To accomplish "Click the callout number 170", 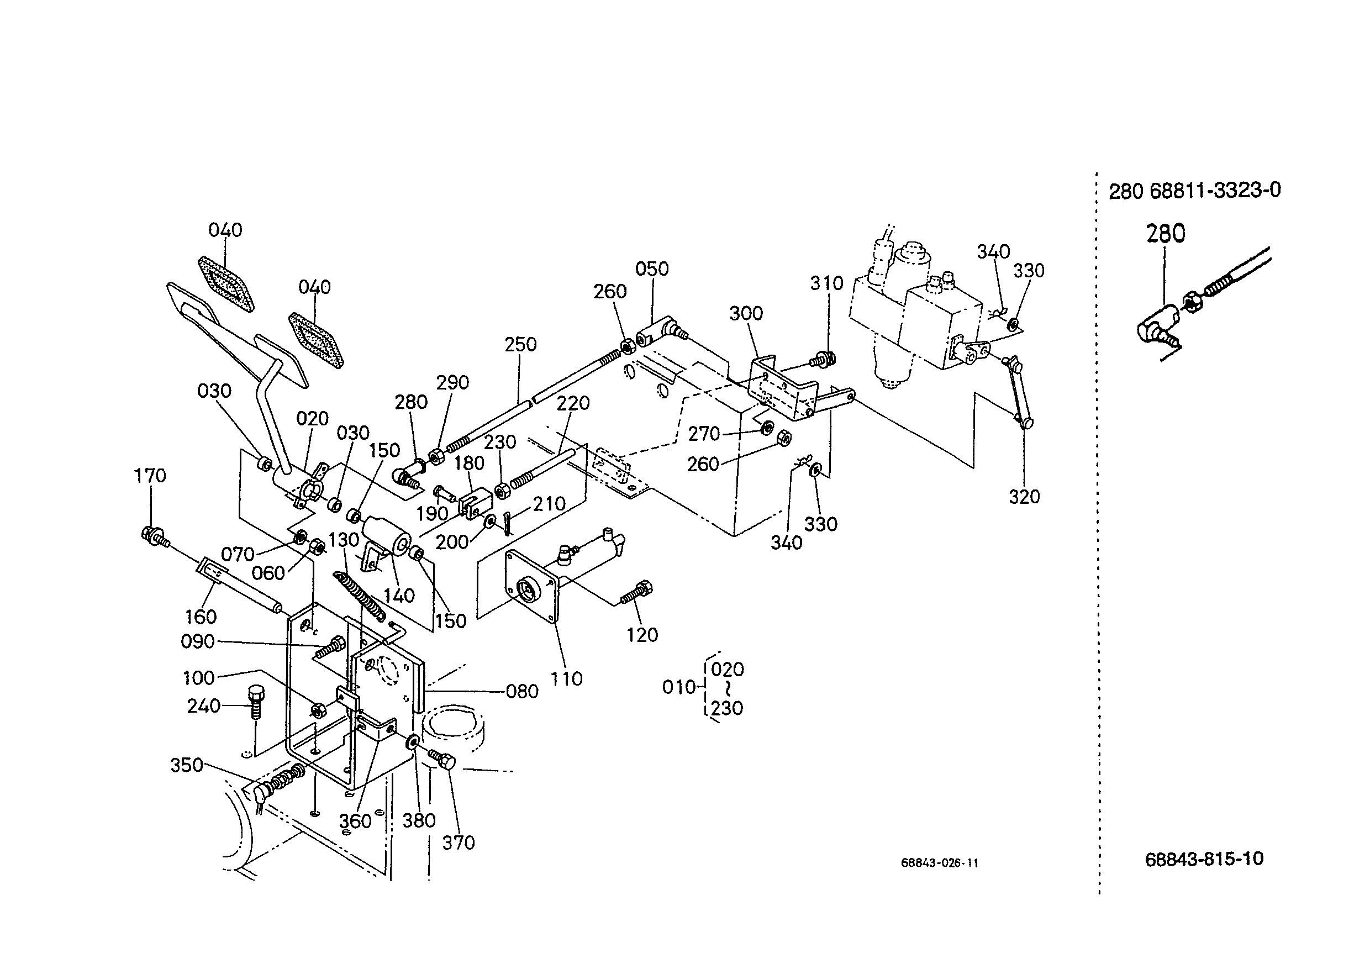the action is click(x=150, y=476).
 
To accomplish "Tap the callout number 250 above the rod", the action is click(x=520, y=344).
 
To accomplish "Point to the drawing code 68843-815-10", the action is click(x=1204, y=859).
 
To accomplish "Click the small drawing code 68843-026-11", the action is click(x=940, y=863).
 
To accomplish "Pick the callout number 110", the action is click(x=566, y=678).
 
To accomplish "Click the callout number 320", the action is click(x=1024, y=497).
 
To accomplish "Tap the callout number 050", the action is click(x=652, y=268).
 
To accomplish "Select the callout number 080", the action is click(x=522, y=692).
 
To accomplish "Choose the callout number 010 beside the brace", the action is click(x=679, y=687).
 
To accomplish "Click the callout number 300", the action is click(x=746, y=313).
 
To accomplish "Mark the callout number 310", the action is click(x=826, y=283).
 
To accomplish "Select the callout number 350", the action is click(x=187, y=765).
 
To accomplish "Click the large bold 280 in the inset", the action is click(x=1166, y=233).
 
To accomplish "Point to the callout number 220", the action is click(x=573, y=403).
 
